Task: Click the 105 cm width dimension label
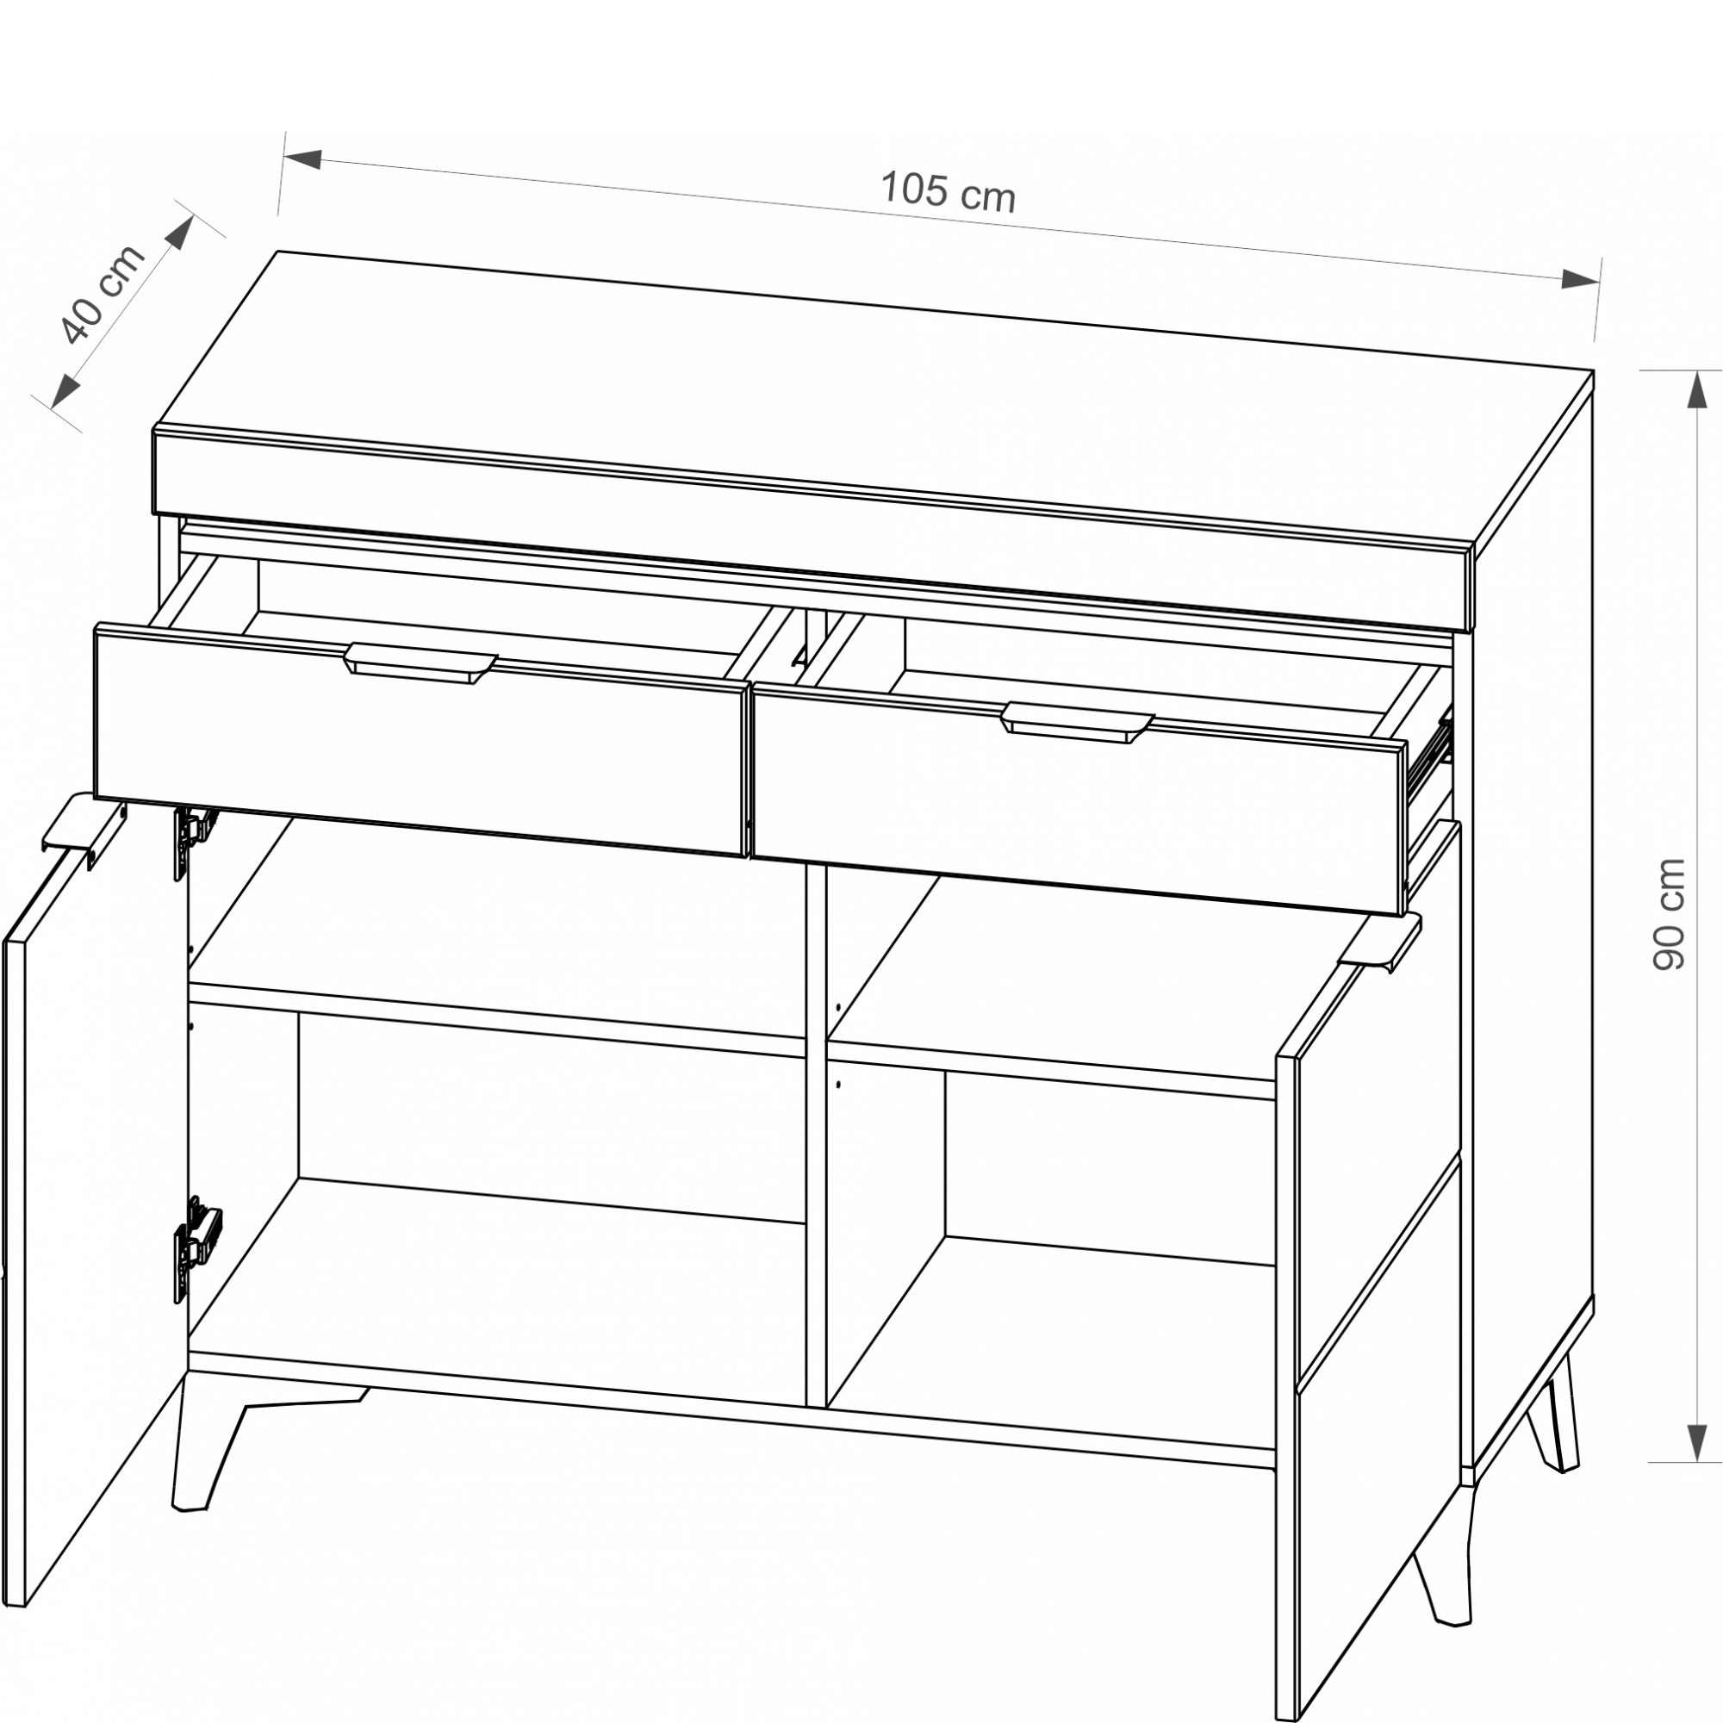click(948, 192)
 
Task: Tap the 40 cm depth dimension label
click(102, 295)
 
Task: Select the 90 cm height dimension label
click(1668, 914)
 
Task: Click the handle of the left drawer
click(420, 662)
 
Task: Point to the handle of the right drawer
click(1078, 723)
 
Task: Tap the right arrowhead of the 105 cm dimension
click(1579, 279)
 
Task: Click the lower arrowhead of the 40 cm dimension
click(65, 390)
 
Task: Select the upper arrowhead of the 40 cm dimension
click(180, 233)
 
